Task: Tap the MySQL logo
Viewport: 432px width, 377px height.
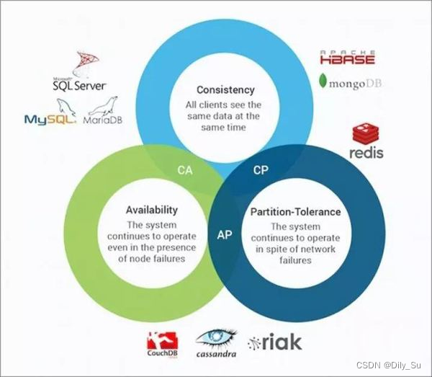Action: pyautogui.click(x=50, y=120)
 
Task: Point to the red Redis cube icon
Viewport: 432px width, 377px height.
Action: pyautogui.click(x=366, y=133)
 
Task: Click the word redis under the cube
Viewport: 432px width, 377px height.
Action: pyautogui.click(x=366, y=153)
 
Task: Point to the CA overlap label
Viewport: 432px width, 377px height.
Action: pyautogui.click(x=185, y=170)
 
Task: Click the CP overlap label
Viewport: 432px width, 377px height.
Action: pyautogui.click(x=261, y=170)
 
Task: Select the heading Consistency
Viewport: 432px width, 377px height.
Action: pyautogui.click(x=225, y=91)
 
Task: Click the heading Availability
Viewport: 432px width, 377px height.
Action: pyautogui.click(x=152, y=210)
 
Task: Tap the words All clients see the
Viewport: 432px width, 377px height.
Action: pyautogui.click(x=225, y=105)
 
